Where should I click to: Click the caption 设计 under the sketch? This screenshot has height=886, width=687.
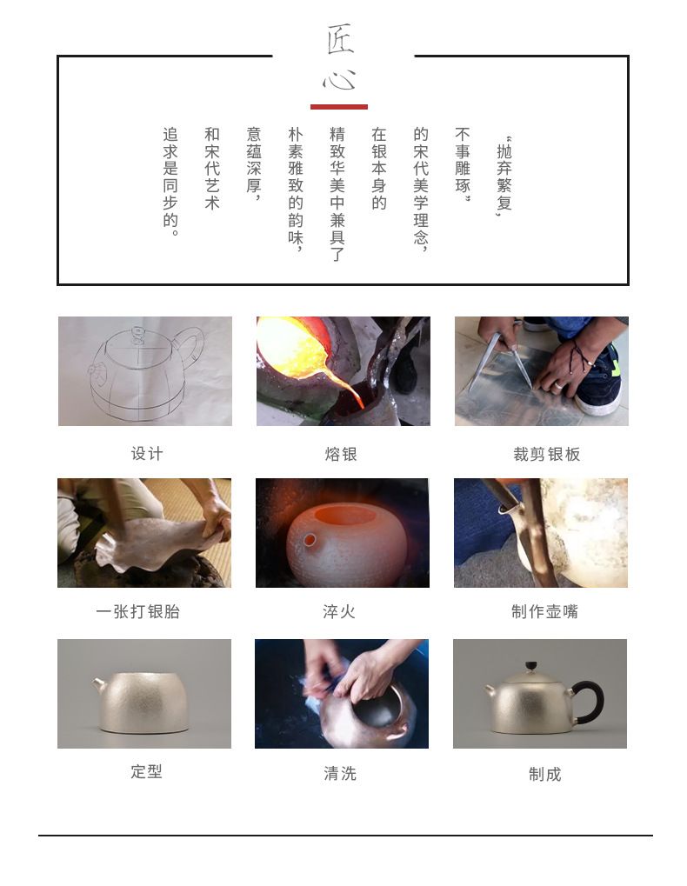(x=147, y=454)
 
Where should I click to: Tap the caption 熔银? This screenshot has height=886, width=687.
(x=341, y=454)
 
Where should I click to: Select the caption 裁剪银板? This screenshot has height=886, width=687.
(x=546, y=454)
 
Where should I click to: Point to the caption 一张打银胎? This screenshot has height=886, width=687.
(x=138, y=611)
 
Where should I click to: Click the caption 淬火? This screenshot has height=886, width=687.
(x=339, y=611)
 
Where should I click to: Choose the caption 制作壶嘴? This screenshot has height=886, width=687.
(x=544, y=611)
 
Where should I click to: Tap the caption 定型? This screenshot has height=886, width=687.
(x=146, y=771)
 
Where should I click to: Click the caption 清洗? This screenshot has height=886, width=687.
(x=340, y=773)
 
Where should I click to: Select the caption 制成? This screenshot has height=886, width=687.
(x=544, y=774)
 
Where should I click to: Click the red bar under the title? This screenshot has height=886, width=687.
(x=339, y=107)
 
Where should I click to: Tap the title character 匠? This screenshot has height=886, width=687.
(x=340, y=39)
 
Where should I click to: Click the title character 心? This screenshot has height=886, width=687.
(x=339, y=80)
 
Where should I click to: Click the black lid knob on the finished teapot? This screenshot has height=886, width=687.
(x=530, y=667)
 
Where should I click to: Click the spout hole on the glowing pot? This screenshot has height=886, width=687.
(x=310, y=540)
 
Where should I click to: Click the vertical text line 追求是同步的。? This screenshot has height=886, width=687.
(x=170, y=182)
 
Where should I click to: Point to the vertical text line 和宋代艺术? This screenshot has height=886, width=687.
(x=212, y=169)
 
